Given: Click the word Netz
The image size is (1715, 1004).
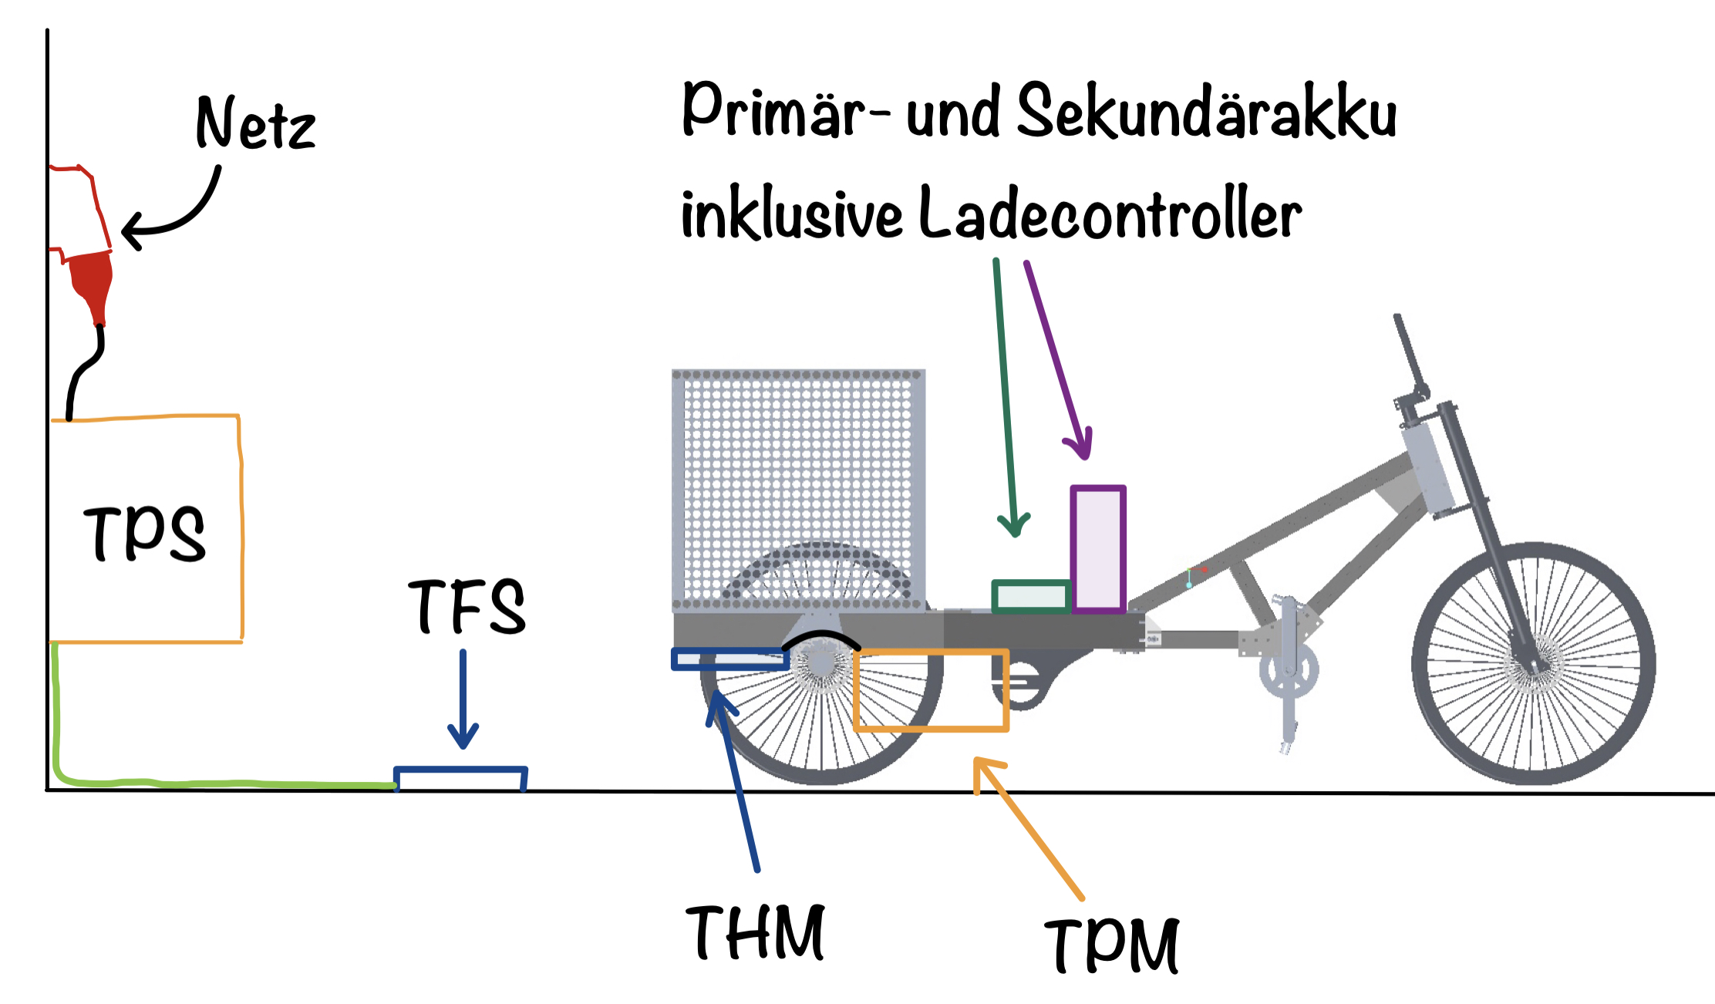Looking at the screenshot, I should coord(255,124).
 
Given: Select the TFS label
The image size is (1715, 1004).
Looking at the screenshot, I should coord(467,607).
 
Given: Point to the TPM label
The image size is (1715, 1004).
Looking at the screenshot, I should coord(1112,945).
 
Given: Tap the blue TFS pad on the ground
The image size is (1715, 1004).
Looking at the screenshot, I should coord(460,778).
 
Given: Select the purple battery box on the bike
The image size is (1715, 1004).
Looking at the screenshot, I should coord(1098,549).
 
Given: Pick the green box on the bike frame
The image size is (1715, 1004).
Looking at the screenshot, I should coord(1030,596).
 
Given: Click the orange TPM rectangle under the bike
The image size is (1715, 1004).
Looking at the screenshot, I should coord(931,690).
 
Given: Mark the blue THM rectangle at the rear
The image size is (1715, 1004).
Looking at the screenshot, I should coord(729,659).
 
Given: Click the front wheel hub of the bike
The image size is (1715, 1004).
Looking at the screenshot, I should coord(1532,663).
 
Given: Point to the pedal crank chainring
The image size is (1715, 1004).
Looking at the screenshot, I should coord(1288,669).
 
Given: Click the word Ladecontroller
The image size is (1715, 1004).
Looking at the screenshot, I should coord(1110,214).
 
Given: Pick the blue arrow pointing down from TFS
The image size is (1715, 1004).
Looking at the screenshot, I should coord(463,698).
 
